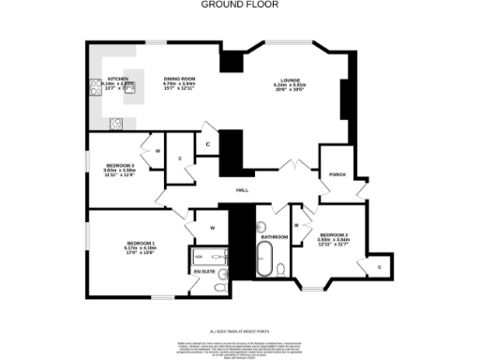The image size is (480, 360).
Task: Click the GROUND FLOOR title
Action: [239, 4]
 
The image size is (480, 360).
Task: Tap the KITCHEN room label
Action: [118, 79]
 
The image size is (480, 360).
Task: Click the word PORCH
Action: [336, 174]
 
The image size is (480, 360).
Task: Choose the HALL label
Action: [242, 190]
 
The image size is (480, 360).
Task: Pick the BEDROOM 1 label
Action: [141, 244]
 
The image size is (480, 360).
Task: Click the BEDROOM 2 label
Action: [333, 234]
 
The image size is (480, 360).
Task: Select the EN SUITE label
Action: [203, 272]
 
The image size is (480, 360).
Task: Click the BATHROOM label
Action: [274, 237]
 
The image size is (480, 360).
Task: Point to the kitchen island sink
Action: [129, 85]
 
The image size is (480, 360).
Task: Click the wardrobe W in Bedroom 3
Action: [157, 151]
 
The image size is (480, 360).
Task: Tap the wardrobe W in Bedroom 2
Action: [296, 225]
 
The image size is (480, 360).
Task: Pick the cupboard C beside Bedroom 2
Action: [380, 267]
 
